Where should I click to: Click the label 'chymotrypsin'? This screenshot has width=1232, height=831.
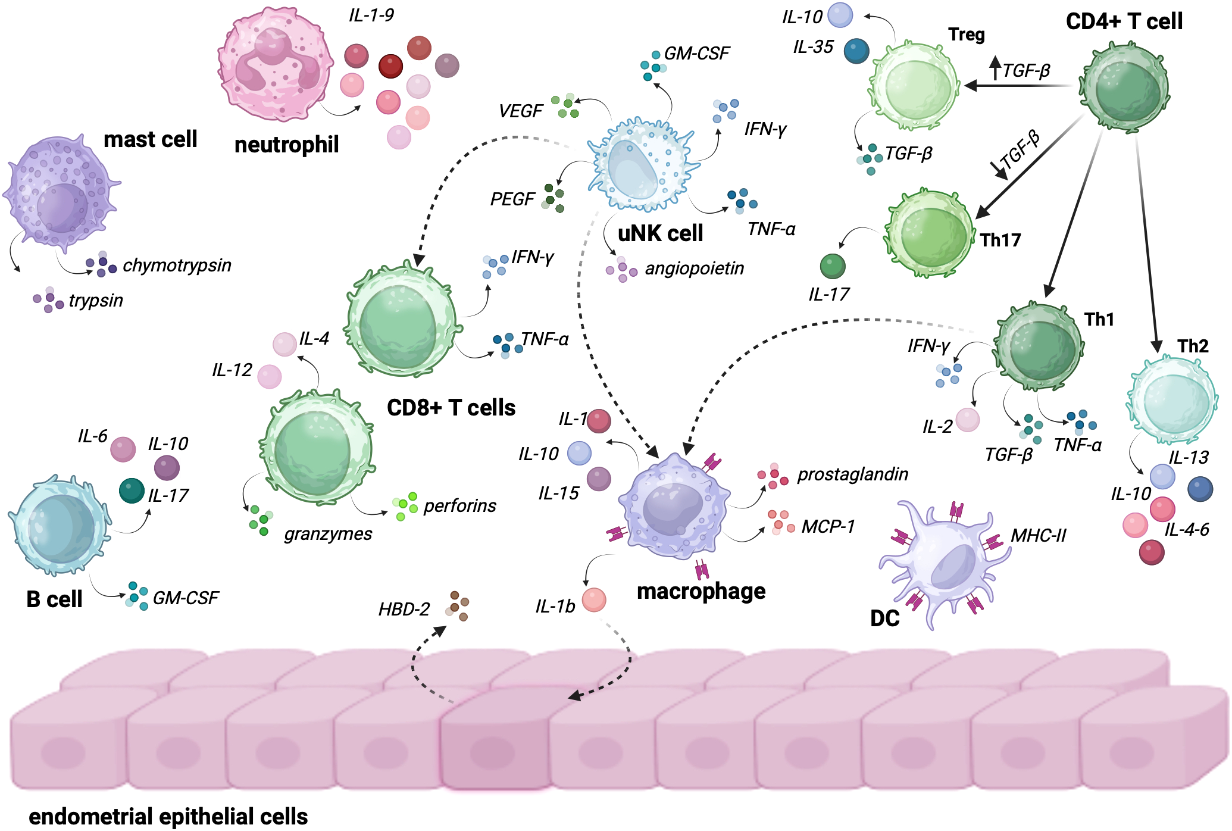coord(177,265)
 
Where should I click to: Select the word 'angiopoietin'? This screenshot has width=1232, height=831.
coord(694,268)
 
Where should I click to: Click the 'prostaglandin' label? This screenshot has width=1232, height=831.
coord(852,474)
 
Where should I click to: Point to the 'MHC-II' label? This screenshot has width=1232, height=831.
coord(1038,536)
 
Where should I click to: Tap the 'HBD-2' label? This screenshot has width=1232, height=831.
coord(404,610)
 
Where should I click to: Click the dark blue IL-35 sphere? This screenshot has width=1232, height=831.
coord(856,51)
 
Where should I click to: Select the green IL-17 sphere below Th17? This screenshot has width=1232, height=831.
coord(833,266)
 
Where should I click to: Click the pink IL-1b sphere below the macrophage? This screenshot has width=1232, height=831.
coord(593,599)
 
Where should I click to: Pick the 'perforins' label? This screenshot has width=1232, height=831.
coord(459,506)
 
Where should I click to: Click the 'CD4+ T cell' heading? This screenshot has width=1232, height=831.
coord(1124,22)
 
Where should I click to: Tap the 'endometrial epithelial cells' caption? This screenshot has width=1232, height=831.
coord(168,817)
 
